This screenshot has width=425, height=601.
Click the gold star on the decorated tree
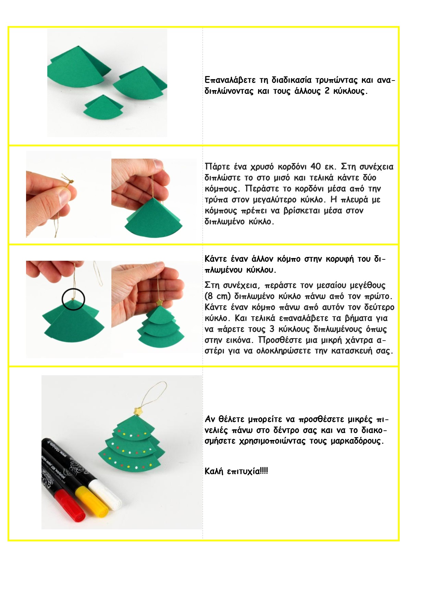click(138, 411)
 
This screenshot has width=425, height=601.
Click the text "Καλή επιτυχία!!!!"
click(236, 471)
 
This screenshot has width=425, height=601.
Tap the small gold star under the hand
click(159, 303)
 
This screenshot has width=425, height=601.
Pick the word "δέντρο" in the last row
click(287, 430)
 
